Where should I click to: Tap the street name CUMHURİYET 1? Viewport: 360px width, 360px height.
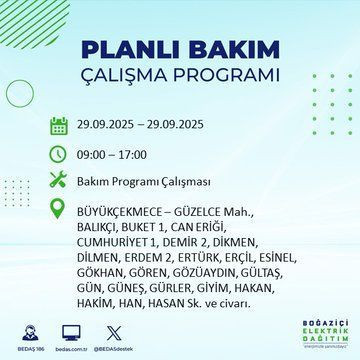click(x=120, y=241)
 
